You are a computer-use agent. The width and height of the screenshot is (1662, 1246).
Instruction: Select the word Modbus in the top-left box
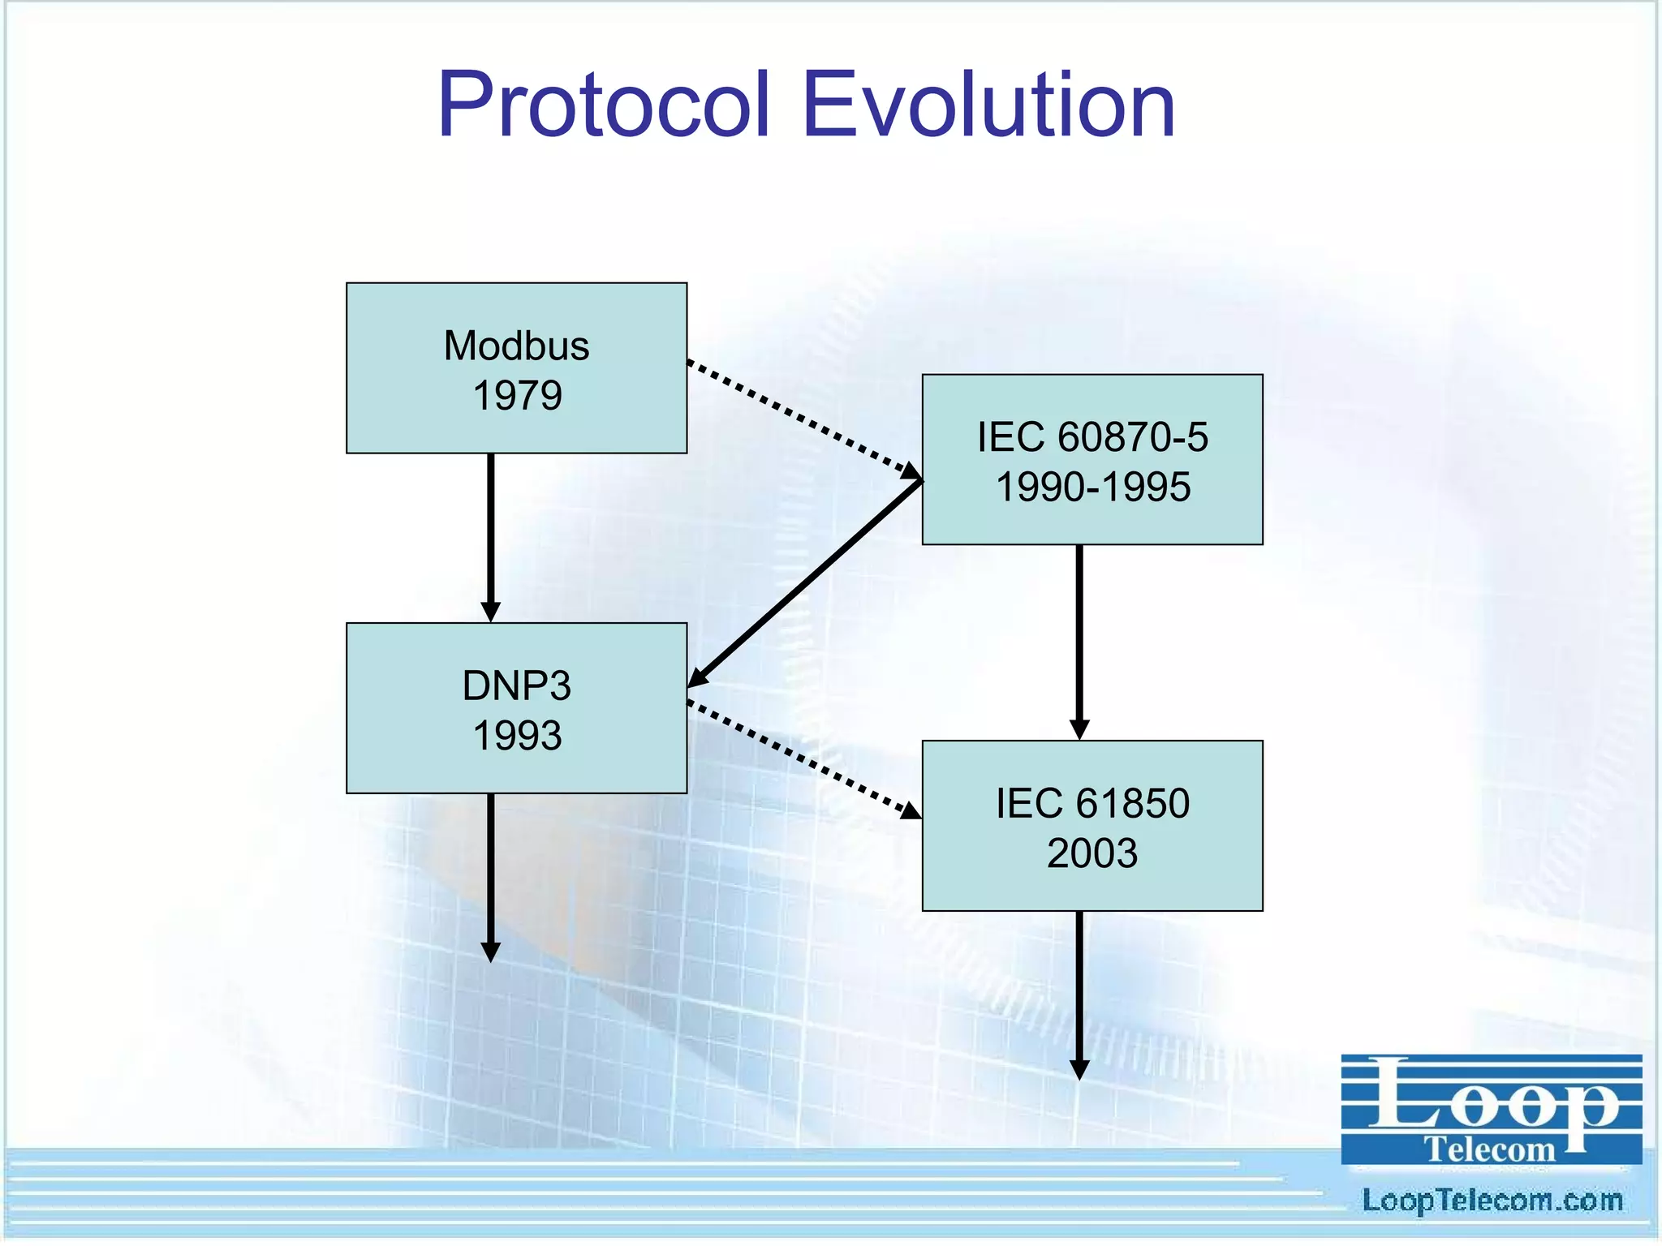pos(516,346)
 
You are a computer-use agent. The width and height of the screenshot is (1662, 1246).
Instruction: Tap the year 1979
pos(517,396)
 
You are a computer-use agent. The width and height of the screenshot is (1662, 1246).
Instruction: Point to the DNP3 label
pos(516,685)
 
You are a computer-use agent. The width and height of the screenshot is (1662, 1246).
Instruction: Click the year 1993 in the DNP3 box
pos(517,736)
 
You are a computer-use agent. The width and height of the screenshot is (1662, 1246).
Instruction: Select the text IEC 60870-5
pos(1092,437)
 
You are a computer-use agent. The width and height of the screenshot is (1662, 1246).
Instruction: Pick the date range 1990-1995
pos(1092,488)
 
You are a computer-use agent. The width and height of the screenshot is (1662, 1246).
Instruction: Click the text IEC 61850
pos(1092,803)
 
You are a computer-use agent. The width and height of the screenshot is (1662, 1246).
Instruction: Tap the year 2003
pos(1092,853)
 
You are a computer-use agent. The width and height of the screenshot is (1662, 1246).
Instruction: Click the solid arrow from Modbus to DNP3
pos(491,535)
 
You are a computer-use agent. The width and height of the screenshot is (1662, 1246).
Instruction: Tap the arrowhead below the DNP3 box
pos(491,951)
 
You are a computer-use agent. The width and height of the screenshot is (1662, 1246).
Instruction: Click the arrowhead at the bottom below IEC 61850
pos(1079,1068)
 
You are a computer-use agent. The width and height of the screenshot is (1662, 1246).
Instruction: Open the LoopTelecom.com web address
pos(1492,1201)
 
